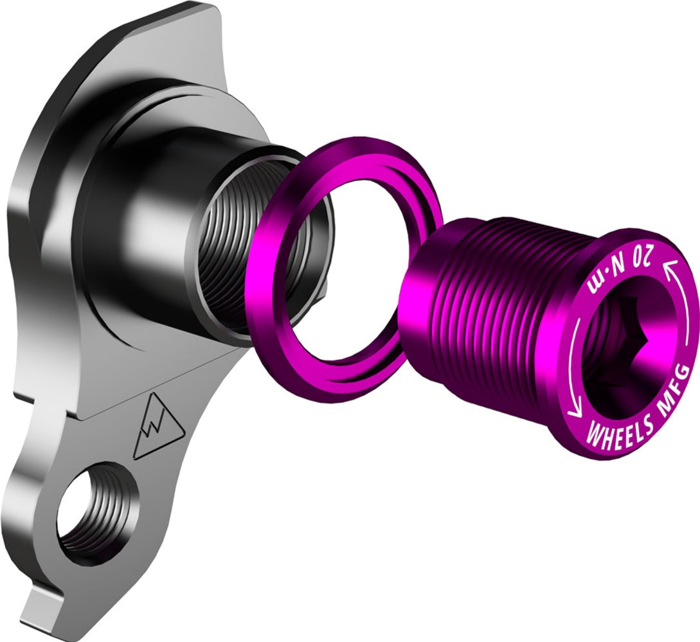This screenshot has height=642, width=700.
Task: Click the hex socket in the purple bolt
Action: coord(625,344)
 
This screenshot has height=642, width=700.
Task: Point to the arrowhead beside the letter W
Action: coord(574,413)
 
